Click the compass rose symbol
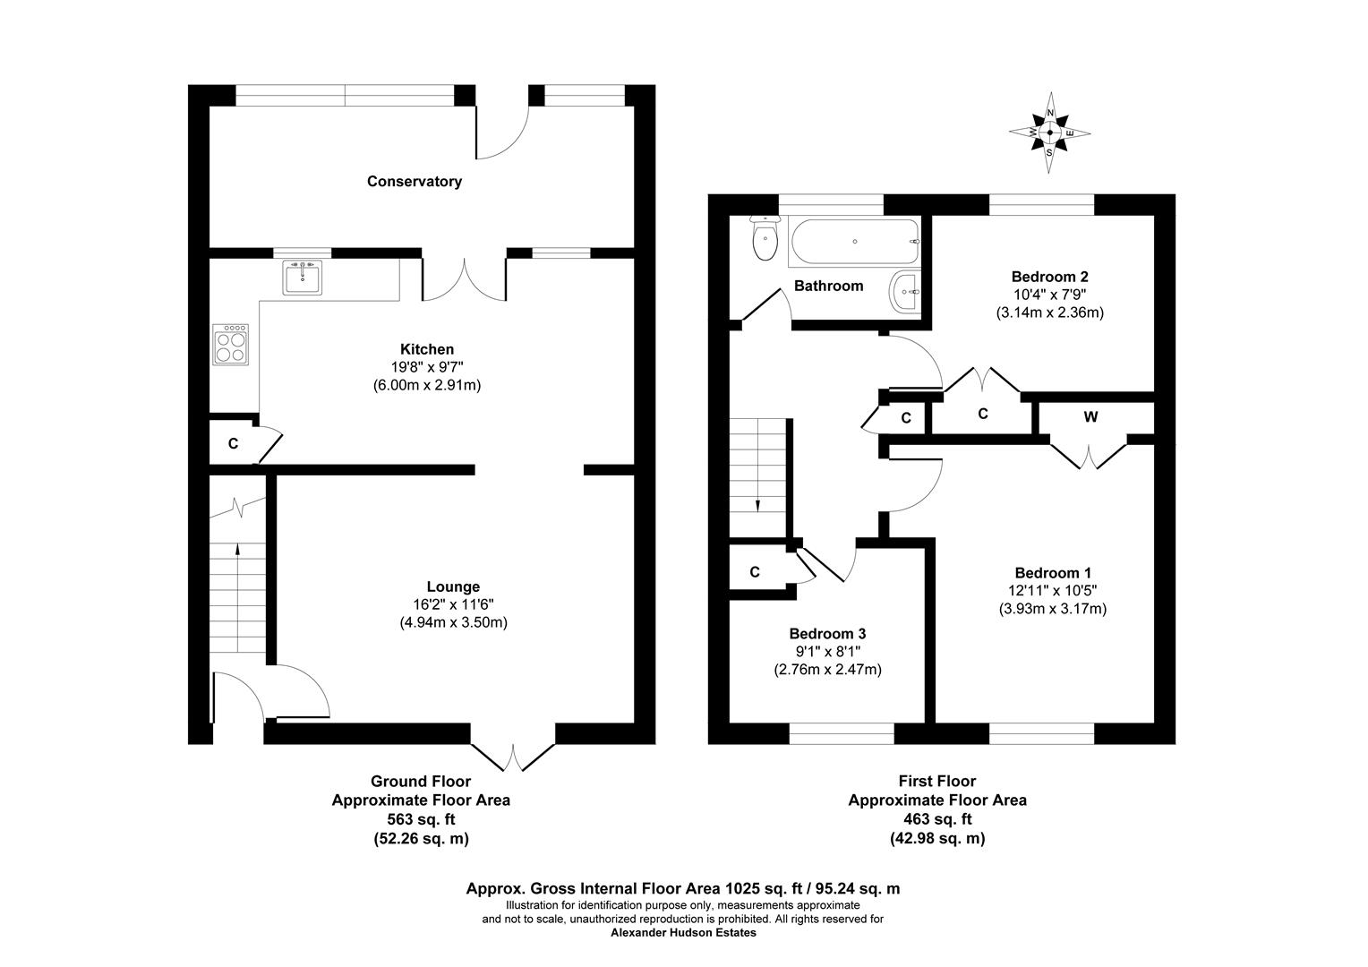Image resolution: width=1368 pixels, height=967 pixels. tap(1050, 133)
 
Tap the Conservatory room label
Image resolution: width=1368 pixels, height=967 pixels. tap(414, 182)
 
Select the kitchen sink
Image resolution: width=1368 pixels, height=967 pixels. tap(302, 278)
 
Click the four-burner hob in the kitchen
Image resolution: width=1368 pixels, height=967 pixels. tap(231, 344)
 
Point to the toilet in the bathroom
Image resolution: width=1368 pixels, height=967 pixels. tap(765, 240)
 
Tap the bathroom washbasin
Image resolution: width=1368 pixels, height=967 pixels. tap(904, 292)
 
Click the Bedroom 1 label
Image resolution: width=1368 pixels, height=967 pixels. tap(1052, 573)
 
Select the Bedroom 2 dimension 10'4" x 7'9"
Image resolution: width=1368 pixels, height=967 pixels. tap(1049, 295)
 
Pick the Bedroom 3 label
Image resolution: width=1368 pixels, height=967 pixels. tap(827, 634)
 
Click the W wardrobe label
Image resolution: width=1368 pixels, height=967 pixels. tap(1090, 417)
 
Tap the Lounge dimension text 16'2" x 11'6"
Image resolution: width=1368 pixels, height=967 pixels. tap(453, 604)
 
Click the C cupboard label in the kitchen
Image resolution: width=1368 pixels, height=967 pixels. tap(233, 443)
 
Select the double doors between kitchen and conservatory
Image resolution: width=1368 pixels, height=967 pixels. tap(465, 279)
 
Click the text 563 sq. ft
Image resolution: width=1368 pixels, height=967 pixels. tap(420, 819)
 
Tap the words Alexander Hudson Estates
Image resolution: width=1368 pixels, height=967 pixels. tap(683, 932)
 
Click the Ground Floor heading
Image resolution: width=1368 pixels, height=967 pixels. tap(420, 782)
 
